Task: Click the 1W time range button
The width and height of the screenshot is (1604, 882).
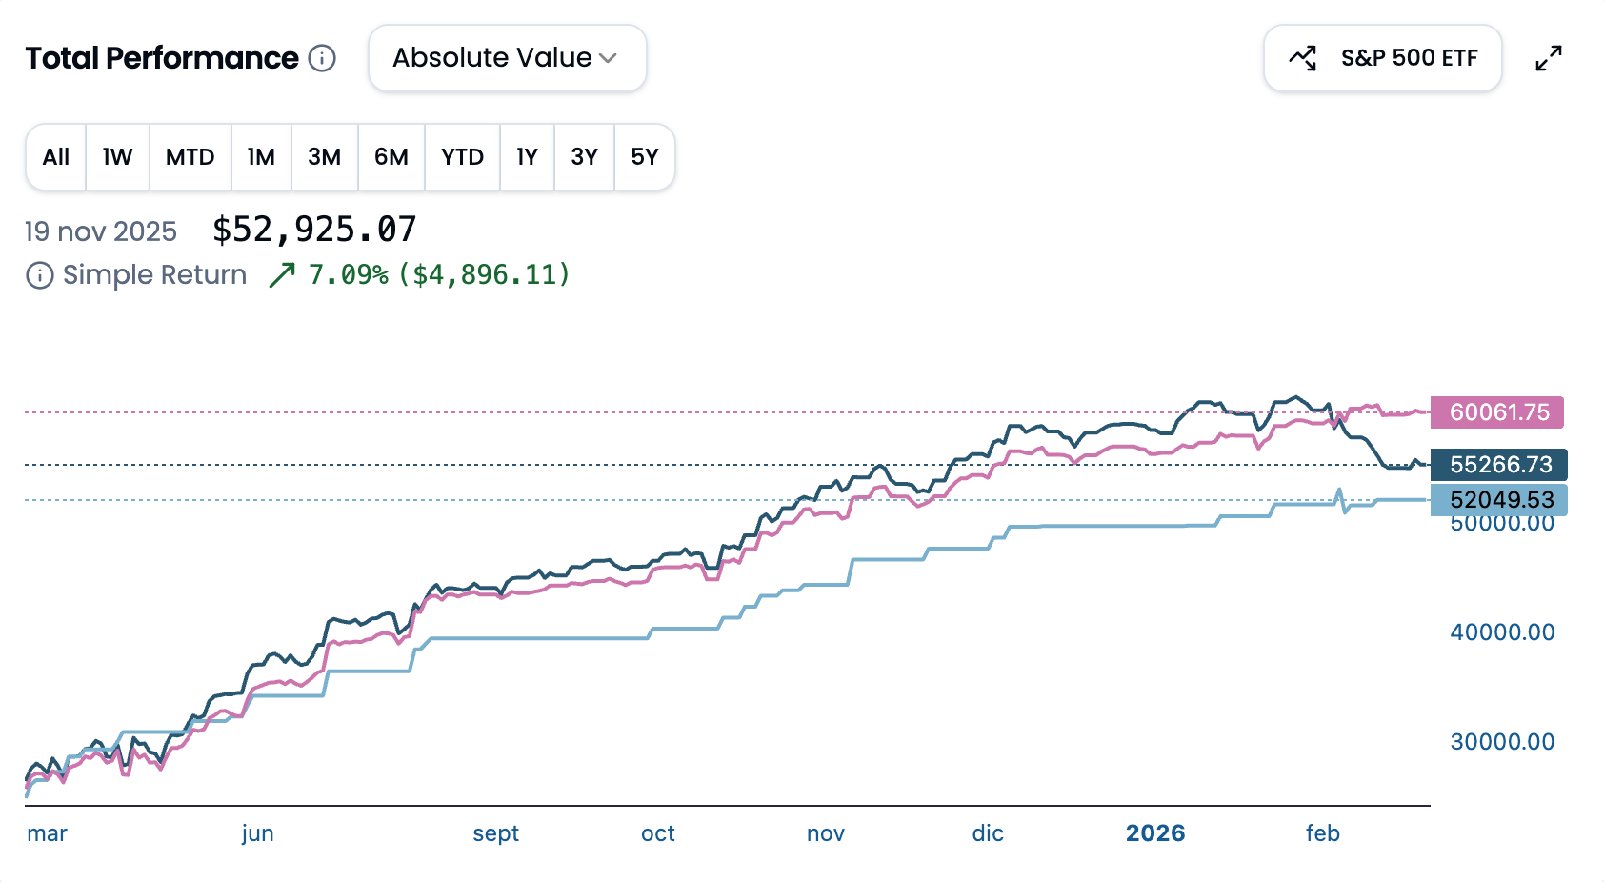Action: point(117,157)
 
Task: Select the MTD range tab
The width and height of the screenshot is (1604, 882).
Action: point(190,157)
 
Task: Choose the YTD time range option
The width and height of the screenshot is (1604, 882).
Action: point(462,157)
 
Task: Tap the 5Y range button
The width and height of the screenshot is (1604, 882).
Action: point(644,157)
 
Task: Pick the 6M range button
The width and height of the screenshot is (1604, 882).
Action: point(391,157)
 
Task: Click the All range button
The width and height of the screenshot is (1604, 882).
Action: point(56,157)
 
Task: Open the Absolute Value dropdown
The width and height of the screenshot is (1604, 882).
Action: point(507,58)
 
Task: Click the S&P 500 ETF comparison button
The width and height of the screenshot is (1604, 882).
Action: point(1382,58)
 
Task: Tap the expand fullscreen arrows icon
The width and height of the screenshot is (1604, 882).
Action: point(1549,58)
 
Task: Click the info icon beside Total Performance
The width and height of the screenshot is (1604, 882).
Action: point(323,58)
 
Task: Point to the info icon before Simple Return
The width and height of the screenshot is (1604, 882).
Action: point(39,275)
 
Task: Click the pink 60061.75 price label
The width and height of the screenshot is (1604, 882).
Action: point(1498,412)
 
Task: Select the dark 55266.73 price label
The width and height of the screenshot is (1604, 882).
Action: point(1499,465)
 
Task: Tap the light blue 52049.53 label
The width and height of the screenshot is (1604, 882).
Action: point(1500,499)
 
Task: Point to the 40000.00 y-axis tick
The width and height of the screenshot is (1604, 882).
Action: point(1502,632)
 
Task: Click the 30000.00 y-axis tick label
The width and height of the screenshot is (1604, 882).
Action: point(1502,742)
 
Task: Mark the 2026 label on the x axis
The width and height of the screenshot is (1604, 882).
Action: point(1155,833)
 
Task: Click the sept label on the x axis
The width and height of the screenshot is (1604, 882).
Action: point(495,833)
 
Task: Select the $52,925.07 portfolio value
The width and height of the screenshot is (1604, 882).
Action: point(314,230)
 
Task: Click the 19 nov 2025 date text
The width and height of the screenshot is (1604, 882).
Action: point(101,231)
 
